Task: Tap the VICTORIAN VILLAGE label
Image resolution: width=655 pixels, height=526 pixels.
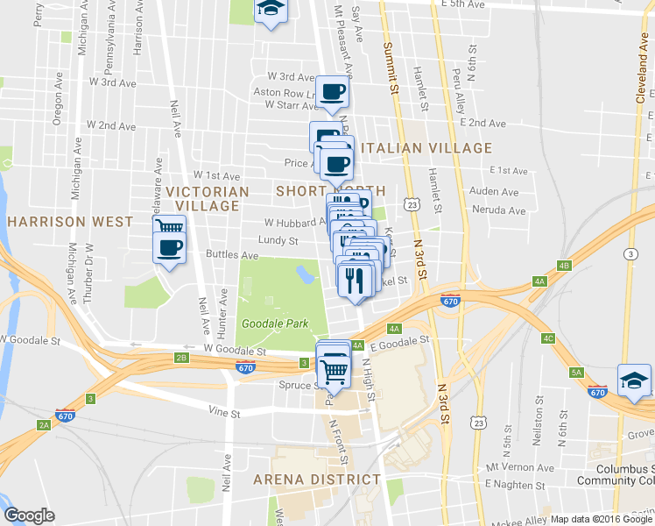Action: point(208,198)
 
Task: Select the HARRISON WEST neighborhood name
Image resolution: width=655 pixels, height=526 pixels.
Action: point(69,222)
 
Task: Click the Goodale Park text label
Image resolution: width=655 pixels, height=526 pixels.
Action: point(276,323)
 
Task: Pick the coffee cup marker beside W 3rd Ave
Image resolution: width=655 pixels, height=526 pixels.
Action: point(332,91)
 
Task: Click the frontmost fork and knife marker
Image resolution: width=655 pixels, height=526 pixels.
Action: point(355,280)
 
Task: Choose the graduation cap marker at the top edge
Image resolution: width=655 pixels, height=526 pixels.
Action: point(271,9)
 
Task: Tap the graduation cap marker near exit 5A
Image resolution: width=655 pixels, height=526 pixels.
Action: point(634,380)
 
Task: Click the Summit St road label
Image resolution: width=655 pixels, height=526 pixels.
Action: point(391,66)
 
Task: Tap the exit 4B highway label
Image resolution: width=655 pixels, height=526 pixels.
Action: point(564,266)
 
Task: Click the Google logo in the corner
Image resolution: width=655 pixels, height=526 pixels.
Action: point(29,515)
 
